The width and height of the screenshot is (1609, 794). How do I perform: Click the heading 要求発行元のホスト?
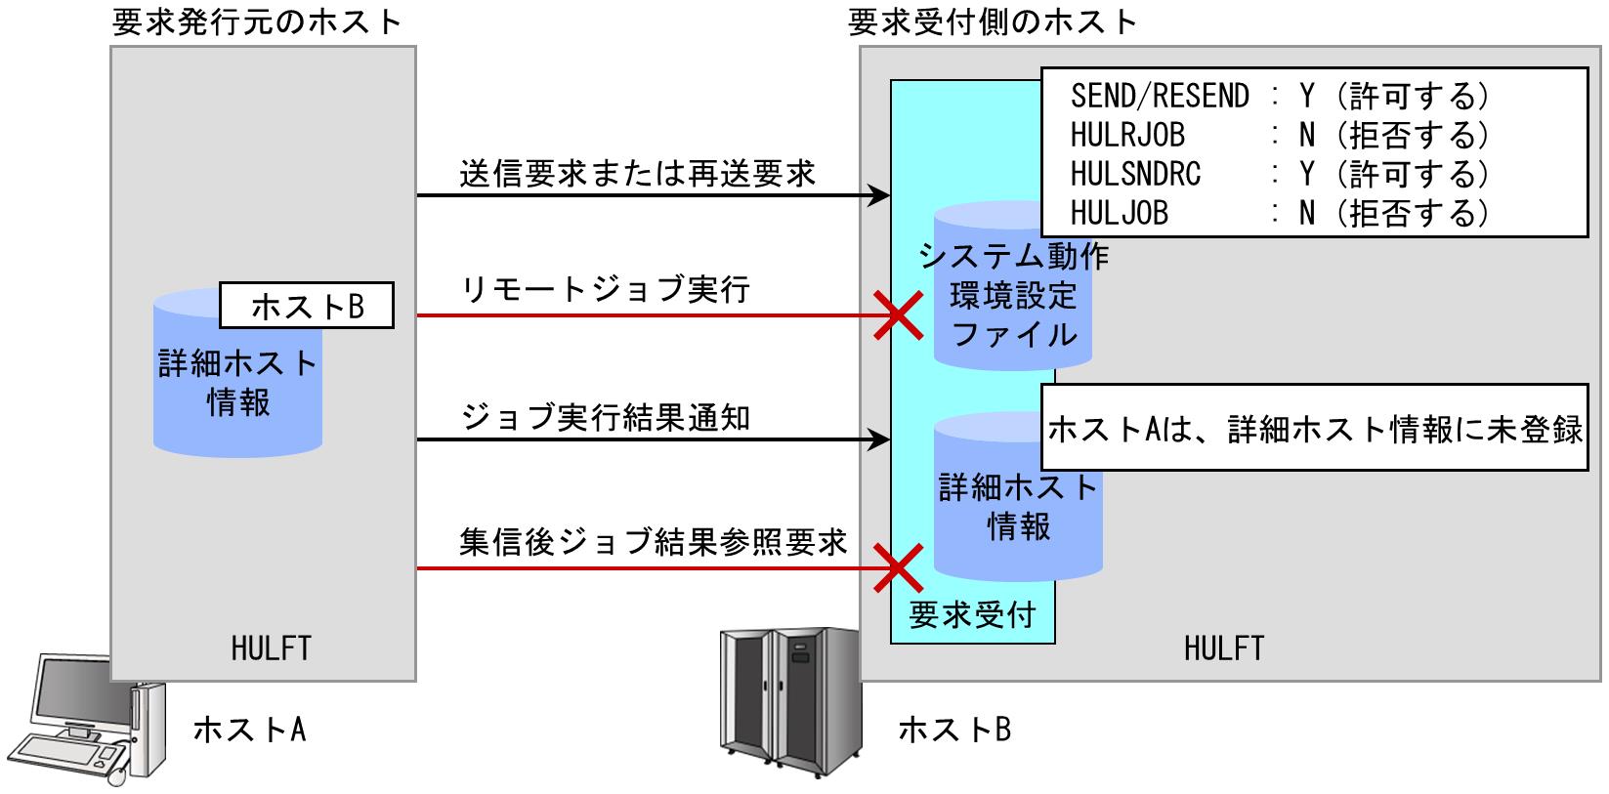point(257,22)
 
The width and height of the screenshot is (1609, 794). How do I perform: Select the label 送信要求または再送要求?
point(637,174)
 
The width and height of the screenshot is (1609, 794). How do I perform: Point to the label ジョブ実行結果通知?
point(606,418)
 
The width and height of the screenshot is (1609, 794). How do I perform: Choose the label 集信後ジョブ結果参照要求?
point(653,543)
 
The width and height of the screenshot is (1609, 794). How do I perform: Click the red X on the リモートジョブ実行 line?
point(898,316)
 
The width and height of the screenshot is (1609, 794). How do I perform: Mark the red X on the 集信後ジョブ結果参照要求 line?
point(898,568)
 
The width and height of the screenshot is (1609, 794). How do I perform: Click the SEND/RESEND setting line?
point(1280,96)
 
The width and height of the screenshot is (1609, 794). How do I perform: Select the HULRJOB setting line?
point(1280,135)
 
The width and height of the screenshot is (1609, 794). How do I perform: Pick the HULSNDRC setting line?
point(1280,174)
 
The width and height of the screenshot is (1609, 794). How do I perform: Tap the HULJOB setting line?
point(1280,213)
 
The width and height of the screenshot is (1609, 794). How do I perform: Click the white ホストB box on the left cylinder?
point(307,307)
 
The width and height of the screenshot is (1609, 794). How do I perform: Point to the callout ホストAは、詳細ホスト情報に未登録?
point(1314,430)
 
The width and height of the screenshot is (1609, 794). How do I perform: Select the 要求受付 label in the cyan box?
point(972,615)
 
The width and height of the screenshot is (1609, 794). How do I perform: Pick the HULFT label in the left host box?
point(272,648)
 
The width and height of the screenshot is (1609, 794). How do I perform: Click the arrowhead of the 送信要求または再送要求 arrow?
point(881,196)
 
